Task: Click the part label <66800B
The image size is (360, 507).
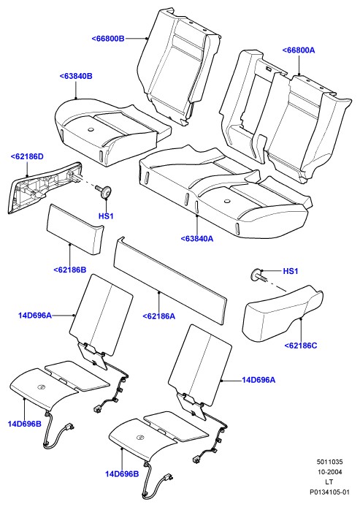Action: click(108, 39)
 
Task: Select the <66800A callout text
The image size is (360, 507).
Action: click(299, 50)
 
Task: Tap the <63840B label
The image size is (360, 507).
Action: click(76, 76)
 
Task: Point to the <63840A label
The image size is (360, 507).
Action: click(197, 239)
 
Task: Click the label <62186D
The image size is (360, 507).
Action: click(27, 156)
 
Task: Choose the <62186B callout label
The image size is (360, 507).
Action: click(70, 270)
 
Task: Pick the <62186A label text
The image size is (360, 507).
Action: click(159, 316)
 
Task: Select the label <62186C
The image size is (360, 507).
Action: click(301, 346)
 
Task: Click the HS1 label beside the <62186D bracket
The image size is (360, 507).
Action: click(106, 216)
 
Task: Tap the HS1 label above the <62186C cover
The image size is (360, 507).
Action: click(291, 271)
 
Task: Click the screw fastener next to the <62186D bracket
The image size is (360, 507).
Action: click(104, 191)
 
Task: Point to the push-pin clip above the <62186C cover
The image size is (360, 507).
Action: click(258, 275)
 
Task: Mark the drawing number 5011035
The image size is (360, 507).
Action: click(329, 462)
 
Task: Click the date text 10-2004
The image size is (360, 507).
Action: click(329, 472)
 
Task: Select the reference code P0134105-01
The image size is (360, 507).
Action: click(329, 492)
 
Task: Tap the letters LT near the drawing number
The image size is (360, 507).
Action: click(329, 481)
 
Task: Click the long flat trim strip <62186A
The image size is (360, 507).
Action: click(171, 281)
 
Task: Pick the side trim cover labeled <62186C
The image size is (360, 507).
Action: click(282, 313)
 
